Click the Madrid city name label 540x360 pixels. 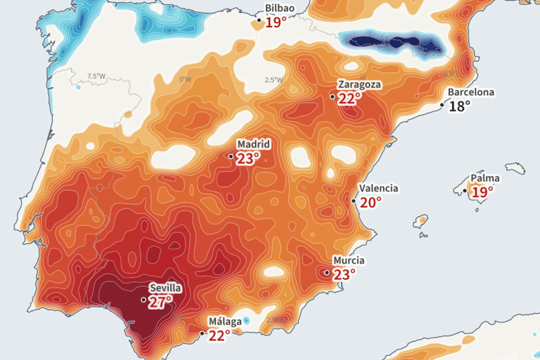point(253,144)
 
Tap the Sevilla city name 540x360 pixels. point(165,288)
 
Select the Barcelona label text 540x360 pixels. point(471,92)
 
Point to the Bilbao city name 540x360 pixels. point(280,8)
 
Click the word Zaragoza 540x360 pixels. point(360,84)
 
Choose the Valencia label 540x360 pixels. point(379,188)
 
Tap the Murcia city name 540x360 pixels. point(348,260)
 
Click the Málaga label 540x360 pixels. point(224,321)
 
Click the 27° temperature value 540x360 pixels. point(160,301)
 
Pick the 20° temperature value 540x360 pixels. point(370,202)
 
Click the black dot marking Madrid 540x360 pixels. point(231,156)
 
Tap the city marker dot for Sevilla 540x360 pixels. point(143,300)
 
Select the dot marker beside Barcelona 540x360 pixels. point(442,104)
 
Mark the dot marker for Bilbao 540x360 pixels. point(259,21)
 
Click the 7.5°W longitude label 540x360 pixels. point(96,76)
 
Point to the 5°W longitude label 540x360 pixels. point(185,80)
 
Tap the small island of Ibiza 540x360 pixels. point(422,221)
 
